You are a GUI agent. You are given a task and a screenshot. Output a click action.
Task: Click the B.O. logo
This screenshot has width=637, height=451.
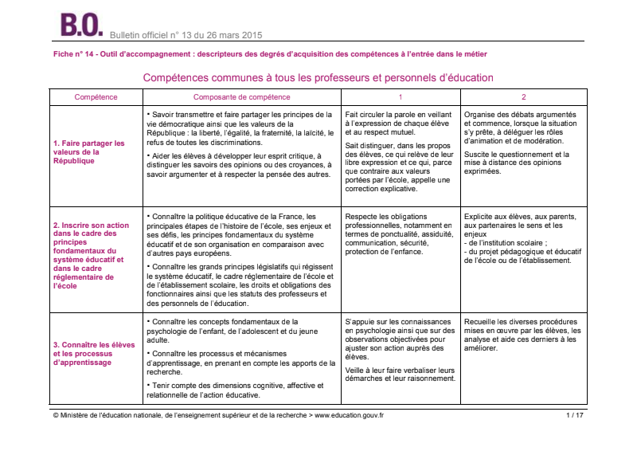[x=82, y=24]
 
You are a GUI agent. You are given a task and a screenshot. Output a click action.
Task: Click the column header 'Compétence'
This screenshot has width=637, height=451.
[x=96, y=97]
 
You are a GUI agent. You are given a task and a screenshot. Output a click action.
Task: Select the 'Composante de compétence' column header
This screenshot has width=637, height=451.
[x=241, y=97]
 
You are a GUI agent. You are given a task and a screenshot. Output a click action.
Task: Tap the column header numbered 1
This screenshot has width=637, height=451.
[x=400, y=97]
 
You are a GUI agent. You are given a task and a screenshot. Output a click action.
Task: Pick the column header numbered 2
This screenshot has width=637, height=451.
[x=523, y=97]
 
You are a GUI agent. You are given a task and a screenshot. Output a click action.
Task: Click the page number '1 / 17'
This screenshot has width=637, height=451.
[x=575, y=415]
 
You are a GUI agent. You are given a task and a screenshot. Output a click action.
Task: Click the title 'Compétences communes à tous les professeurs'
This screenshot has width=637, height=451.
[x=318, y=78]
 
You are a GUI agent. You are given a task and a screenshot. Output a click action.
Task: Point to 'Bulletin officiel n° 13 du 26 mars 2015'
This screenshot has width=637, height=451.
[x=186, y=35]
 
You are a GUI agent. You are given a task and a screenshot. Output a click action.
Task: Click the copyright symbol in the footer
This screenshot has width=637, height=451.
[x=55, y=415]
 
